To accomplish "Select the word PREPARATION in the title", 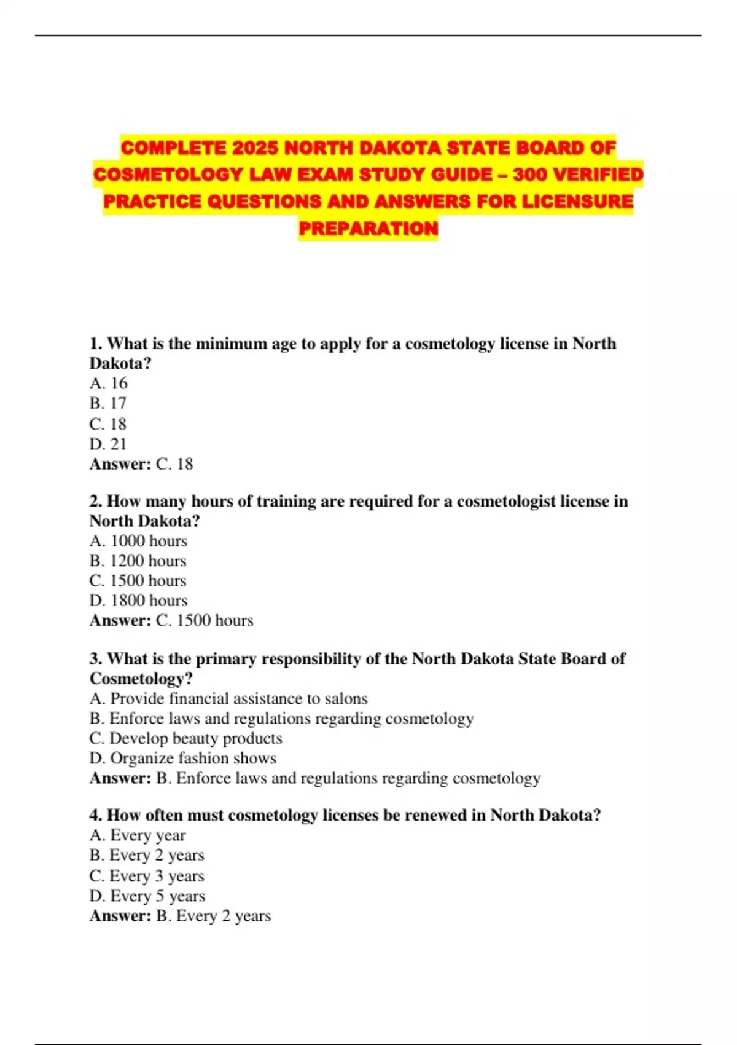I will pos(368,229).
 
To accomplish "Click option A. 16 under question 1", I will pos(109,384).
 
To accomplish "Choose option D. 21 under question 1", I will pos(108,444).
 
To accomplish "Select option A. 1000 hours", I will pos(138,541).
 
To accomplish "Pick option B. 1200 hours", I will pos(138,561).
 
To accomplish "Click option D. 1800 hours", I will pos(138,601).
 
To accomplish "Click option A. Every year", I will pos(138,835).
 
